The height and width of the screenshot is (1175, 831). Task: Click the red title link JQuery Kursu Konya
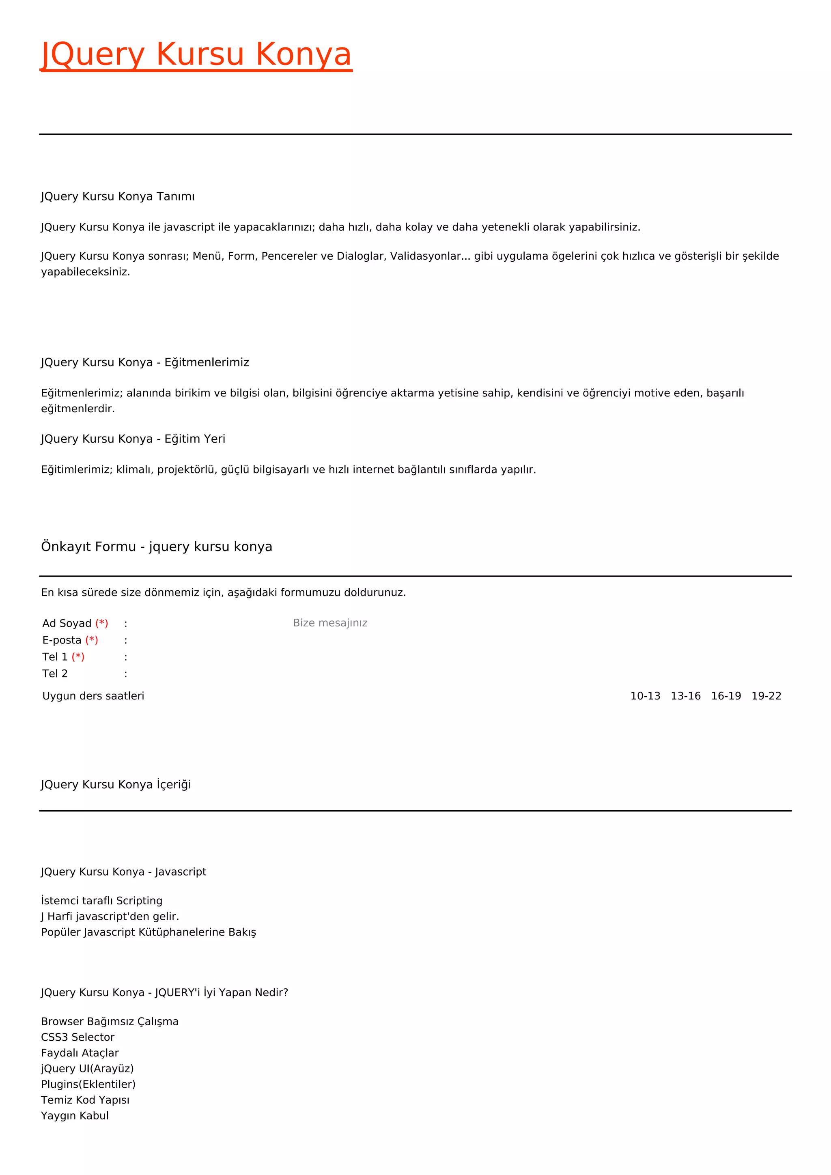pyautogui.click(x=196, y=54)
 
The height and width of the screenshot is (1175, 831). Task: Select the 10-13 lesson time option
pyautogui.click(x=645, y=696)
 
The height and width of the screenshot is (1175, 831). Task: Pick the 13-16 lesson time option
pyautogui.click(x=685, y=696)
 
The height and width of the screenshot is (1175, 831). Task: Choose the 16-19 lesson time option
pyautogui.click(x=726, y=696)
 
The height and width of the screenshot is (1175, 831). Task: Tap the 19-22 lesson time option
pyautogui.click(x=766, y=696)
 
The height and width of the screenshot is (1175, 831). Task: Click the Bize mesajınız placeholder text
pyautogui.click(x=330, y=623)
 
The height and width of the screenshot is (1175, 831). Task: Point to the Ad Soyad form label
pyautogui.click(x=67, y=623)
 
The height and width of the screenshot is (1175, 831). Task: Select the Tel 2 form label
pyautogui.click(x=55, y=674)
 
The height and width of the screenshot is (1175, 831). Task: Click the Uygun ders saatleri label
pyautogui.click(x=93, y=696)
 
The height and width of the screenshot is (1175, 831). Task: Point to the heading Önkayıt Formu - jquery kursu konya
pyautogui.click(x=157, y=547)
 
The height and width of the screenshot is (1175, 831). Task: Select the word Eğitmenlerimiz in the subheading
pyautogui.click(x=207, y=362)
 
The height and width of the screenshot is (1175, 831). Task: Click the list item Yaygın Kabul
pyautogui.click(x=75, y=1116)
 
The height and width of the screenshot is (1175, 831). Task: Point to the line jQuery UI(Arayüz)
pyautogui.click(x=87, y=1069)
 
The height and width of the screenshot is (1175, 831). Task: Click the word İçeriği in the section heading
pyautogui.click(x=174, y=785)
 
